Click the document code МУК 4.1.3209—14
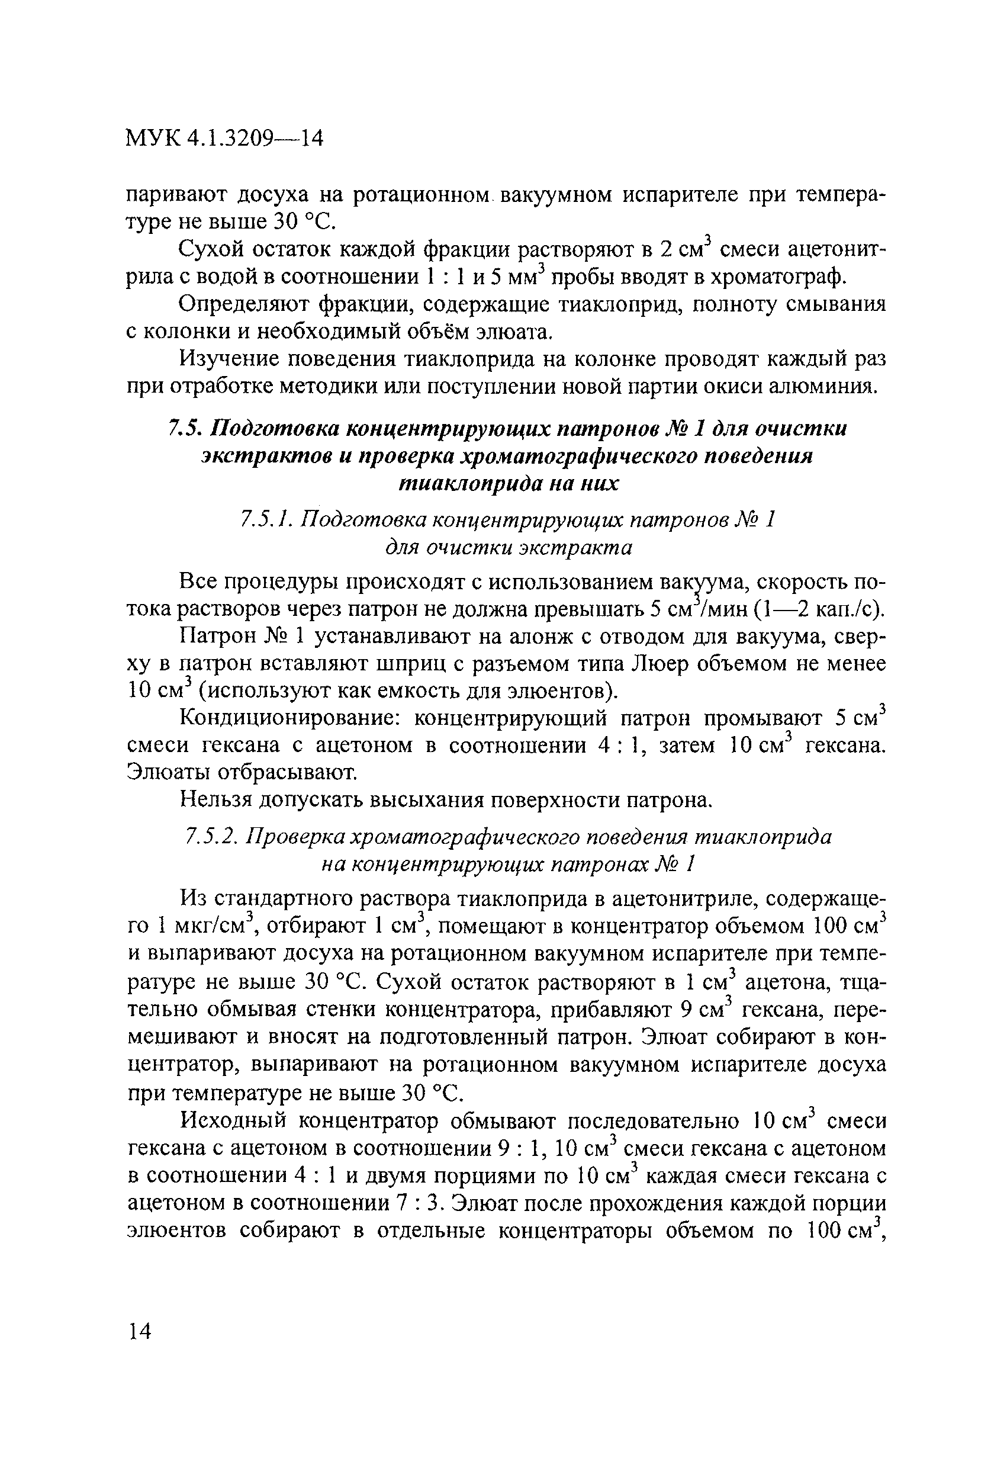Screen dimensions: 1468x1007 pos(224,138)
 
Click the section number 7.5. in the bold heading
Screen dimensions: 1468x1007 pos(184,429)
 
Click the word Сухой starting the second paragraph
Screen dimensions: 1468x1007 pos(209,249)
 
